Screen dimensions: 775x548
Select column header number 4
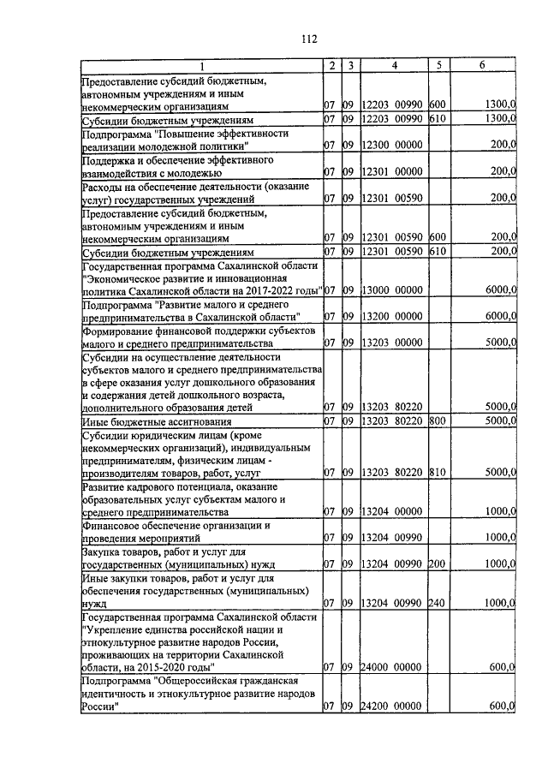[394, 66]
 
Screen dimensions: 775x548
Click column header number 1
[201, 66]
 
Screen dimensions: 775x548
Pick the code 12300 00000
[393, 145]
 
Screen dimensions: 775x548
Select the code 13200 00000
[393, 316]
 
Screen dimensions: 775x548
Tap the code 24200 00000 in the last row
[393, 706]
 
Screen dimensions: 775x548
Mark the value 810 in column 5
[437, 472]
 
